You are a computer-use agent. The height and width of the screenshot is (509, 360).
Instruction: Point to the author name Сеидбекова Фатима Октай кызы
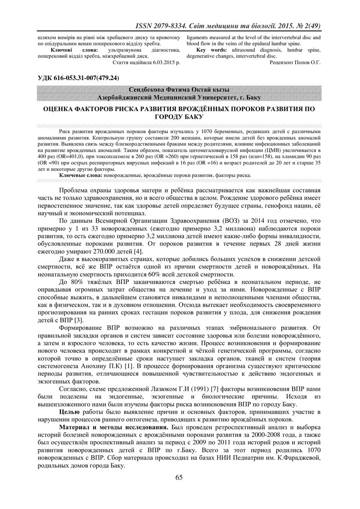(180, 89)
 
